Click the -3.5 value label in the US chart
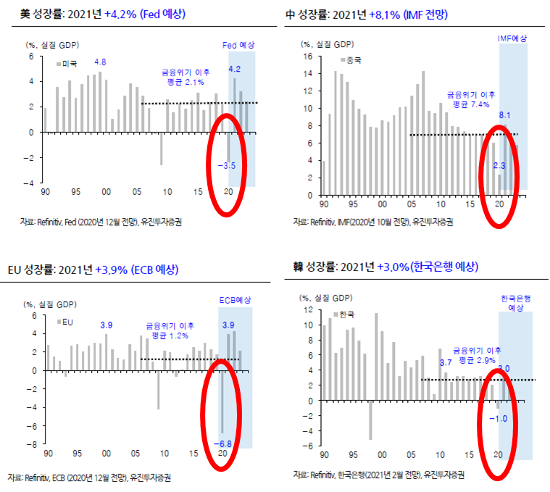click(x=227, y=166)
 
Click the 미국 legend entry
click(x=70, y=64)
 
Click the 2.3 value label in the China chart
click(x=499, y=166)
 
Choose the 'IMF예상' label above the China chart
click(x=512, y=38)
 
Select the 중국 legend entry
click(x=352, y=59)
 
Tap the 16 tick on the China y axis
click(x=307, y=56)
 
